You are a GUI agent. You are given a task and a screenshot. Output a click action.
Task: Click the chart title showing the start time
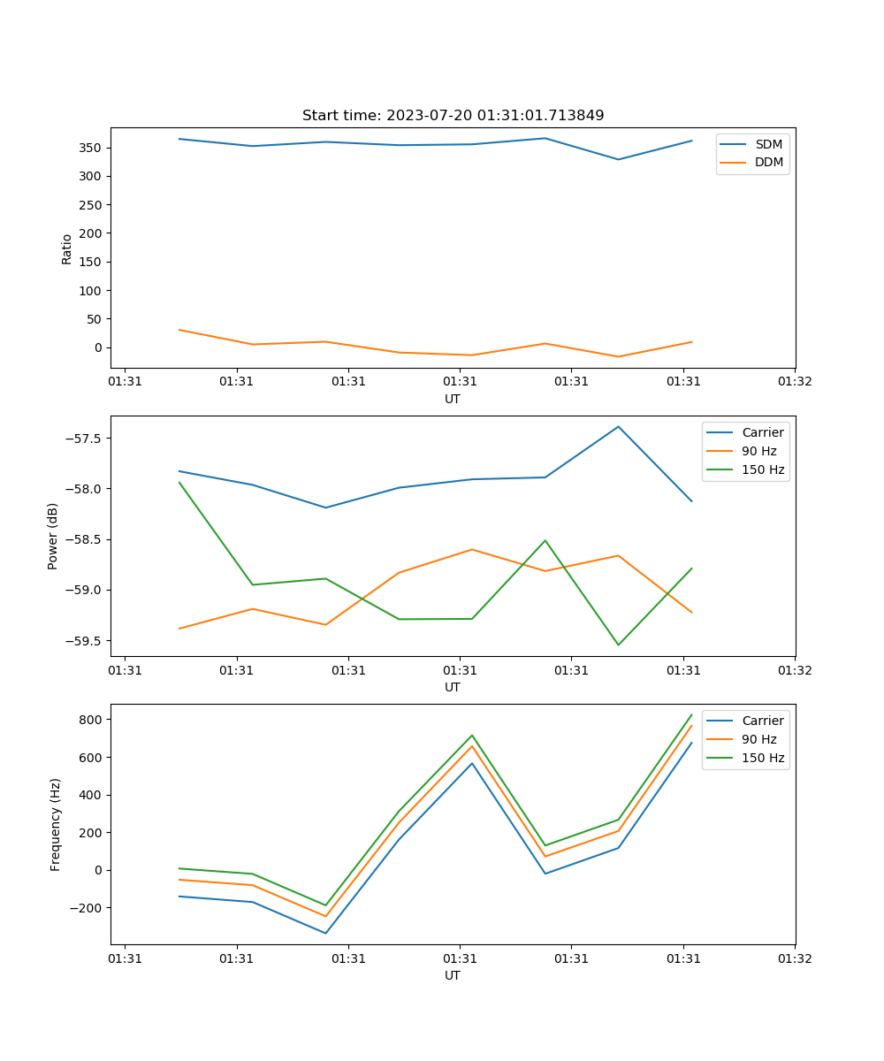(x=453, y=116)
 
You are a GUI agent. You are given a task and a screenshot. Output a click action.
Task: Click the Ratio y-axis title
(x=67, y=248)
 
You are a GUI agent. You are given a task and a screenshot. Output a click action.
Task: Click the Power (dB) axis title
(x=53, y=536)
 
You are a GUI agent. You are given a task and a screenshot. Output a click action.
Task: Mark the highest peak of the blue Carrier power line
(x=618, y=427)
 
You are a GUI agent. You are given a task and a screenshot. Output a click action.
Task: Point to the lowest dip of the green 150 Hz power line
(x=618, y=645)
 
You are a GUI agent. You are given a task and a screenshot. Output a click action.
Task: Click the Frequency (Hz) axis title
(x=56, y=824)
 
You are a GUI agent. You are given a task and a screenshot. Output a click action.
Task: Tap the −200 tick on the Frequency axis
(x=87, y=908)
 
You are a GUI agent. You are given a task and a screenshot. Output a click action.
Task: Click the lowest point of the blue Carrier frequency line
(x=325, y=933)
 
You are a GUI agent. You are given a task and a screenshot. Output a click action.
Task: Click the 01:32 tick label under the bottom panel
(x=795, y=958)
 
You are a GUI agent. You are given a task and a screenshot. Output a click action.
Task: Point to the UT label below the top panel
(x=453, y=399)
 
